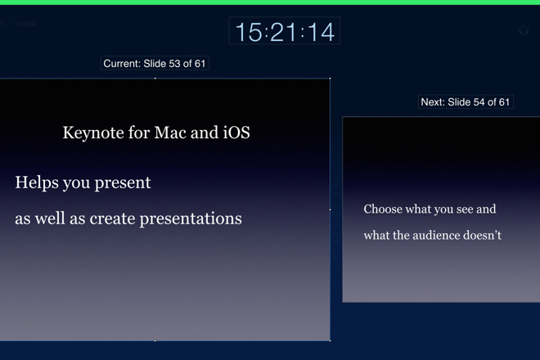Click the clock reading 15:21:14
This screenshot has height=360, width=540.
[x=285, y=32]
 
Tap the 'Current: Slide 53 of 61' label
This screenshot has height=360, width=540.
[x=155, y=63]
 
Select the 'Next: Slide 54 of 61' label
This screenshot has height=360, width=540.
[x=466, y=102]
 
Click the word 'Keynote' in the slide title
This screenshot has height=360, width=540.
[x=93, y=133]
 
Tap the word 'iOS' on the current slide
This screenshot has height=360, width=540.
[x=236, y=133]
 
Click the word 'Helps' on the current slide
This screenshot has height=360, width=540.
[x=36, y=183]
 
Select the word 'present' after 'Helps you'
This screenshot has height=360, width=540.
[x=123, y=183]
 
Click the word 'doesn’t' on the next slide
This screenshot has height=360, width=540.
[x=482, y=236]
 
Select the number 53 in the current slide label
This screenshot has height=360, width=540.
[x=174, y=63]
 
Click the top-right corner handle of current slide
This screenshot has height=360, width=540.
[x=330, y=79]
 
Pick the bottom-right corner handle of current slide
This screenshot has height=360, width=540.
[x=330, y=341]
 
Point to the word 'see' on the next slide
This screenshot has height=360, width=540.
[x=465, y=209]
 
